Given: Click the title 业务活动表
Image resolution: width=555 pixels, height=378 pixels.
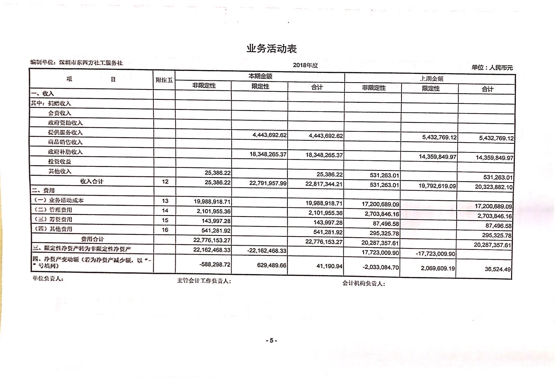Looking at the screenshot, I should click(271, 49).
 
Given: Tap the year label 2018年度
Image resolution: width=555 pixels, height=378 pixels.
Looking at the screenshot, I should click(305, 65).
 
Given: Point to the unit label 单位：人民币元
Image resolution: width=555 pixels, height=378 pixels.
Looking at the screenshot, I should click(492, 67).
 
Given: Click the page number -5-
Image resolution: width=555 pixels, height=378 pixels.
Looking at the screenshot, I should click(271, 341).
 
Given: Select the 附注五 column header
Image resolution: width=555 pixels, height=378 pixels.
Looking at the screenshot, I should click(164, 80).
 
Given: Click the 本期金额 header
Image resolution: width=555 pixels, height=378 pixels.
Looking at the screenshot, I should click(260, 76).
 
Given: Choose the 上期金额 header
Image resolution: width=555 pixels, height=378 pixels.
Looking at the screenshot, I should click(431, 79).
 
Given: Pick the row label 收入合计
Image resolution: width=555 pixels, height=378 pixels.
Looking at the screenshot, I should click(92, 181).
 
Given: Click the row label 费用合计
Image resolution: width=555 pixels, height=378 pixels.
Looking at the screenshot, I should click(92, 239).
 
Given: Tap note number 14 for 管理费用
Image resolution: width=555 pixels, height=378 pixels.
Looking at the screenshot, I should click(165, 211).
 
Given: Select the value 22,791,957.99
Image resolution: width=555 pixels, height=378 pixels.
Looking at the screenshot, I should click(268, 183).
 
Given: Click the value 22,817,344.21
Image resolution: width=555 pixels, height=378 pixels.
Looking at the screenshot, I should click(324, 184).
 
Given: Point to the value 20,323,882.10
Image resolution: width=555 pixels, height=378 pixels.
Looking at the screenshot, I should click(493, 187).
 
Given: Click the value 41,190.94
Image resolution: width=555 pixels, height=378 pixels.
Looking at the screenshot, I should click(329, 266).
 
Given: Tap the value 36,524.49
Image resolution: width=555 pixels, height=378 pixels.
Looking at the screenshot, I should click(497, 269).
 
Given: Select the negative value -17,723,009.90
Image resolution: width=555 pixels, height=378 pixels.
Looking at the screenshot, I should click(435, 254).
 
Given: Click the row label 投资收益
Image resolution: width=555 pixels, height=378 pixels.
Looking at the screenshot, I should click(60, 162).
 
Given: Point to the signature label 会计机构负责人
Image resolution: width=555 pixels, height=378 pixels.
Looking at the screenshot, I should click(363, 283).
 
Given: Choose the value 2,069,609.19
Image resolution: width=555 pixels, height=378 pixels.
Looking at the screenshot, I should click(438, 268).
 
